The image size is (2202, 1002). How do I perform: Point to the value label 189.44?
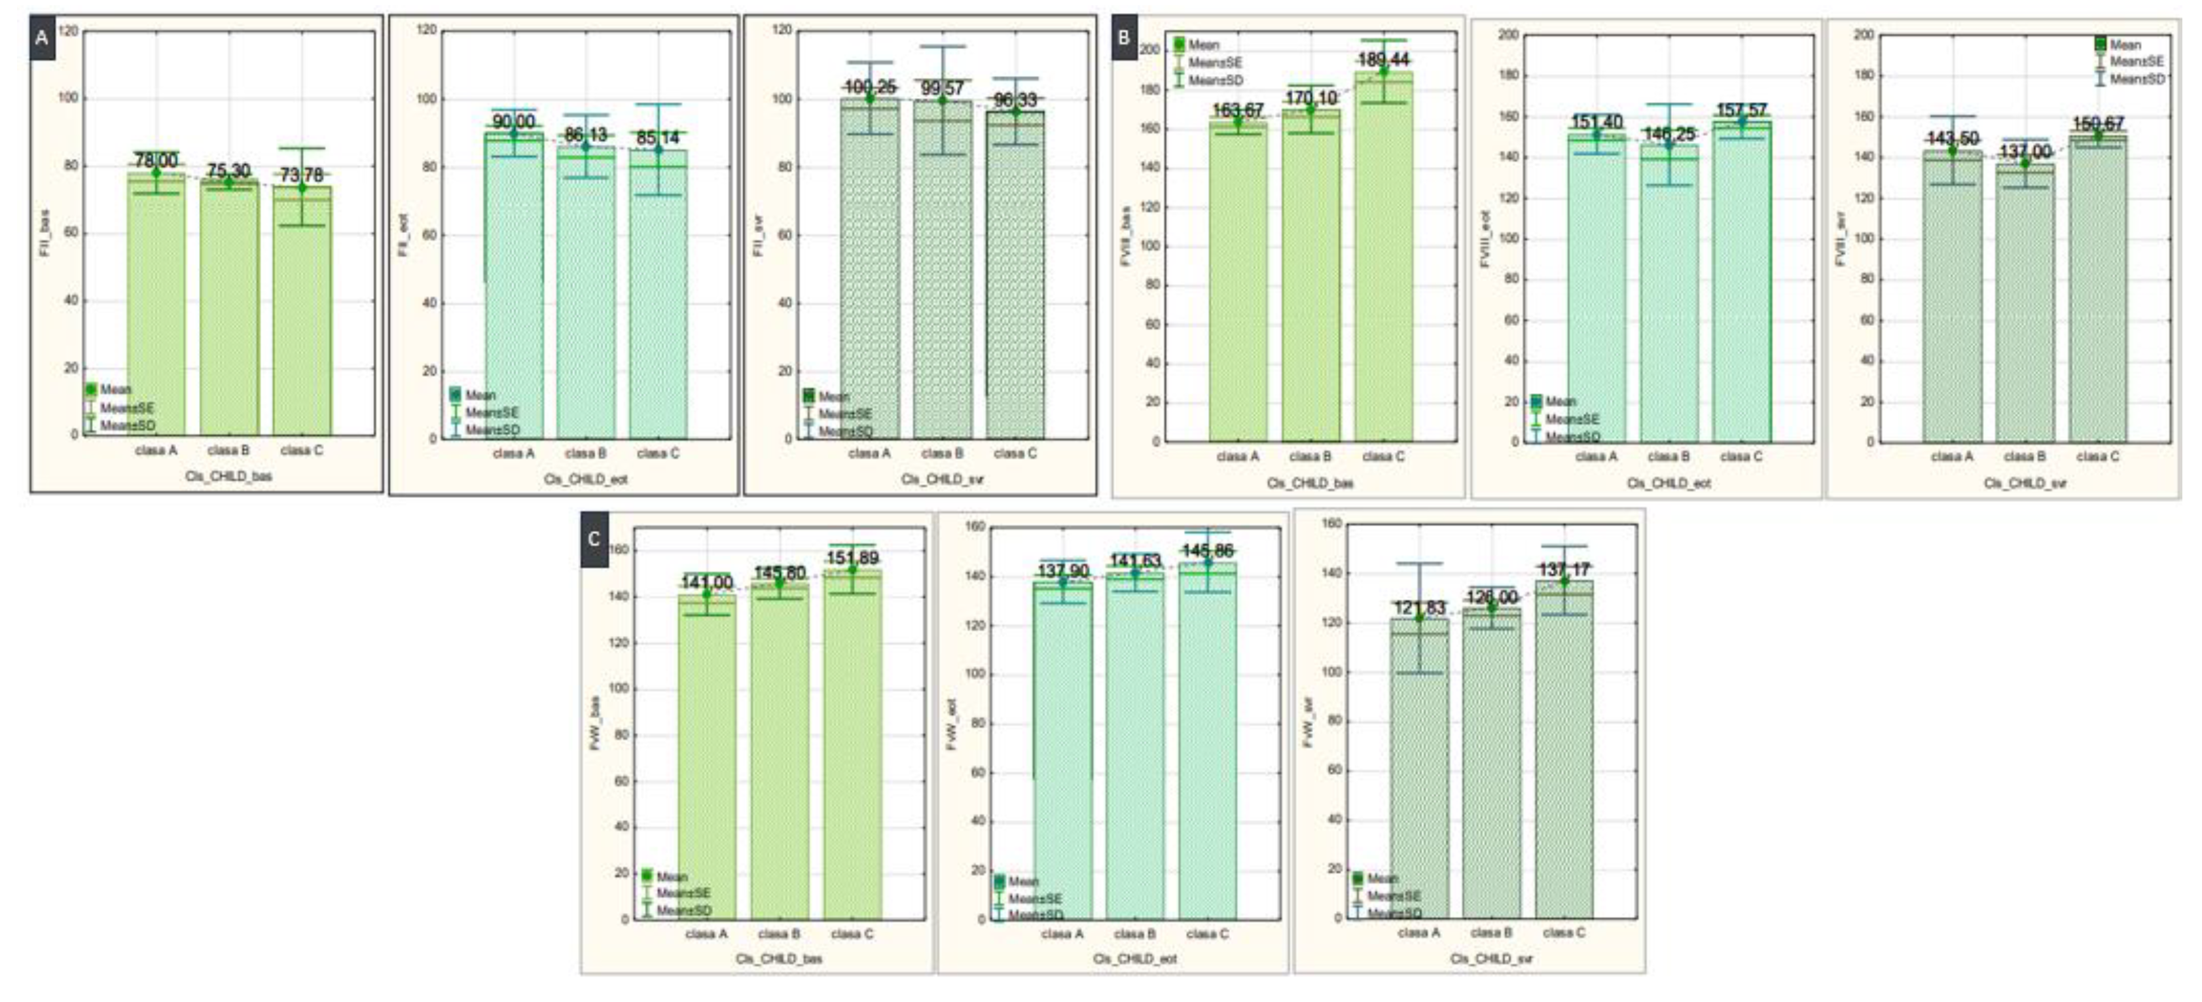pos(1383,60)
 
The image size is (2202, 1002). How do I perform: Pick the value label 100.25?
pos(869,87)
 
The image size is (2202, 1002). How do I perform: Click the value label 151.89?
pos(852,558)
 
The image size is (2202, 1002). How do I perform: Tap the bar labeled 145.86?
pos(1207,743)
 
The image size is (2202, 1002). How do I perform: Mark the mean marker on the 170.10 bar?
pos(1310,109)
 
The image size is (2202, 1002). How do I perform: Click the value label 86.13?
pos(586,135)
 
